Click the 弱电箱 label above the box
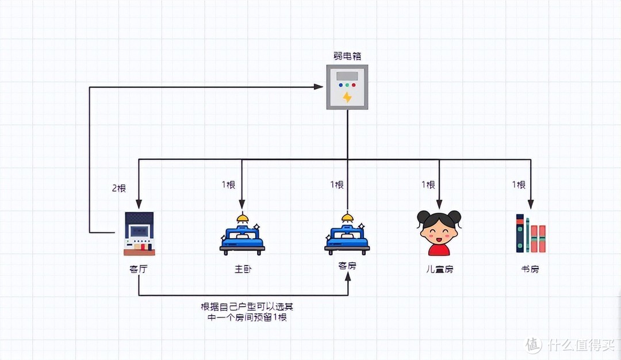point(347,56)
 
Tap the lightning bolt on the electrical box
point(347,97)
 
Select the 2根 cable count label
point(118,188)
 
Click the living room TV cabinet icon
point(139,233)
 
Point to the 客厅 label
point(139,269)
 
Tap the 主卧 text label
point(242,269)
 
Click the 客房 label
point(347,267)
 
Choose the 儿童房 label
point(439,269)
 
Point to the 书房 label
point(530,269)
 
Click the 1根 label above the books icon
point(519,185)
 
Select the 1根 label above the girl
point(428,185)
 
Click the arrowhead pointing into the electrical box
point(319,87)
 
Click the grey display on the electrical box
point(347,76)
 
